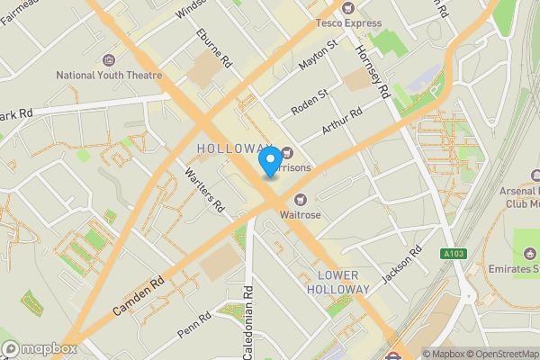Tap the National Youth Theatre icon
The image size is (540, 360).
point(109,59)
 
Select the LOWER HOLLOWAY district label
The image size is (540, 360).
point(337,281)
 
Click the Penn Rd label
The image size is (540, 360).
point(194,325)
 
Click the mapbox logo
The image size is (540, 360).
point(38,349)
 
